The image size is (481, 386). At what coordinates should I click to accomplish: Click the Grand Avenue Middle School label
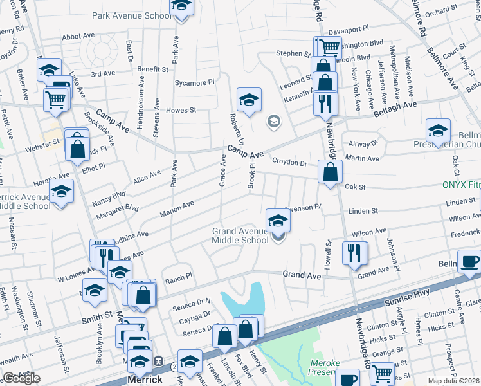coord(240,235)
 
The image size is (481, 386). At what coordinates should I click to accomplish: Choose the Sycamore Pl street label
coord(194,83)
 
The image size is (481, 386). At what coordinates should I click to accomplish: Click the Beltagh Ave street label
coord(395,109)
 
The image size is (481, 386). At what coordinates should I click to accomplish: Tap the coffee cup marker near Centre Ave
coord(468,262)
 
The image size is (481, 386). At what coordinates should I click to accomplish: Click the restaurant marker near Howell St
coord(354,253)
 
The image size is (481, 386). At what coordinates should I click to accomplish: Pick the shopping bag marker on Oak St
coord(330,172)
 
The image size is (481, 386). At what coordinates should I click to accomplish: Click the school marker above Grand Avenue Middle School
coord(278,220)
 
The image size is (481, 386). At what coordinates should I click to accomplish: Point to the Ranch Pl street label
coord(179,278)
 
